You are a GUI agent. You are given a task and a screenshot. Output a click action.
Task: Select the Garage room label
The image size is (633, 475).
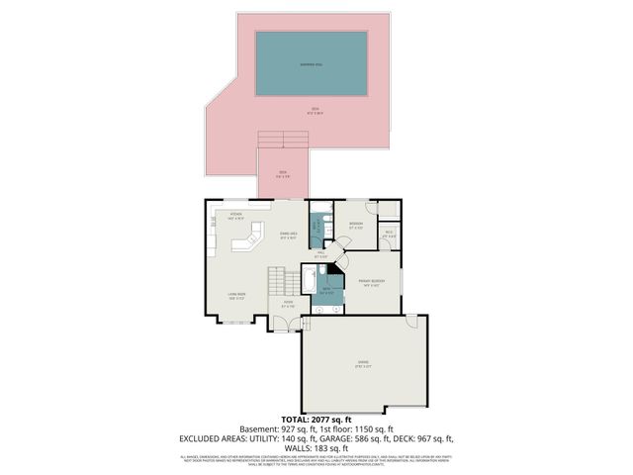[364, 365]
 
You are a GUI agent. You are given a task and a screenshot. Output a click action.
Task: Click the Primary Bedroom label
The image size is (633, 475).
[371, 282]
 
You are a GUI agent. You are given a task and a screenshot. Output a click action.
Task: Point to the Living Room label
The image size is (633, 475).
[235, 295]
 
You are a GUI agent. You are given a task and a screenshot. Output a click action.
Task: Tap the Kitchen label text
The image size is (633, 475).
[236, 214]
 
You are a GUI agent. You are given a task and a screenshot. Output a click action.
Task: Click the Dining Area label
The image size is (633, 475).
[289, 235]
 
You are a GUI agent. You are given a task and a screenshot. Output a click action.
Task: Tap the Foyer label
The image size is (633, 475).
[288, 304]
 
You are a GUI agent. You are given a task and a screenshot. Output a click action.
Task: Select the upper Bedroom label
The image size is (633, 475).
[354, 224]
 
